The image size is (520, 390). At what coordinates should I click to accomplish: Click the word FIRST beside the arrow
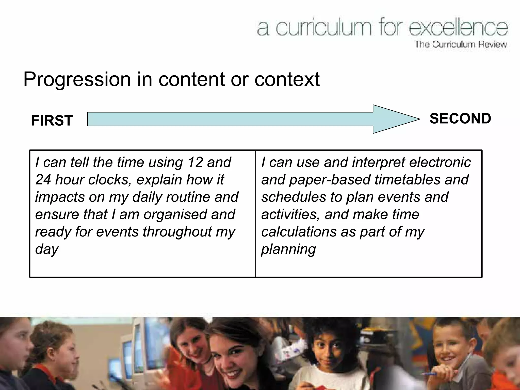[x=52, y=120]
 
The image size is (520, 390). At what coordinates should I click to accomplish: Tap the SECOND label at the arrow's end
[x=460, y=118]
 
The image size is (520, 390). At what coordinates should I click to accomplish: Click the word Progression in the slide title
[x=77, y=79]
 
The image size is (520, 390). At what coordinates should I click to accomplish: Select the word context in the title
[x=287, y=79]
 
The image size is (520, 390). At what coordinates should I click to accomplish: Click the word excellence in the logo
[x=458, y=28]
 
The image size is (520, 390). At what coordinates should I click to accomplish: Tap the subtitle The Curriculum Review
[x=461, y=44]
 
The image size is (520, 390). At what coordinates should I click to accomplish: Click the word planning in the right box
[x=288, y=249]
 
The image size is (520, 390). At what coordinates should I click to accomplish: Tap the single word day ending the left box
[x=47, y=249]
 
